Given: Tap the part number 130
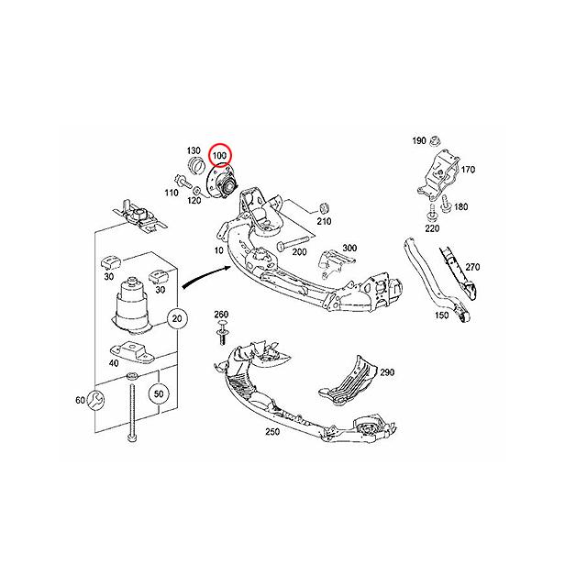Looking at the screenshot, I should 194,150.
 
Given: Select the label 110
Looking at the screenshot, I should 172,193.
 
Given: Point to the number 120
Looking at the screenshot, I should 194,199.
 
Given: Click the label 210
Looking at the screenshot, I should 324,220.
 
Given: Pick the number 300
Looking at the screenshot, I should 348,249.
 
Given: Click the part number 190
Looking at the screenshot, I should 418,141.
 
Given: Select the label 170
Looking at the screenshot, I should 468,170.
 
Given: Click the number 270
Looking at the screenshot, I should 472,267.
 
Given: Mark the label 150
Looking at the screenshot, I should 441,315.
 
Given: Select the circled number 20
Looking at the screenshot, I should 177,318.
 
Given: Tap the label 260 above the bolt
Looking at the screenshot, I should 221,315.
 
